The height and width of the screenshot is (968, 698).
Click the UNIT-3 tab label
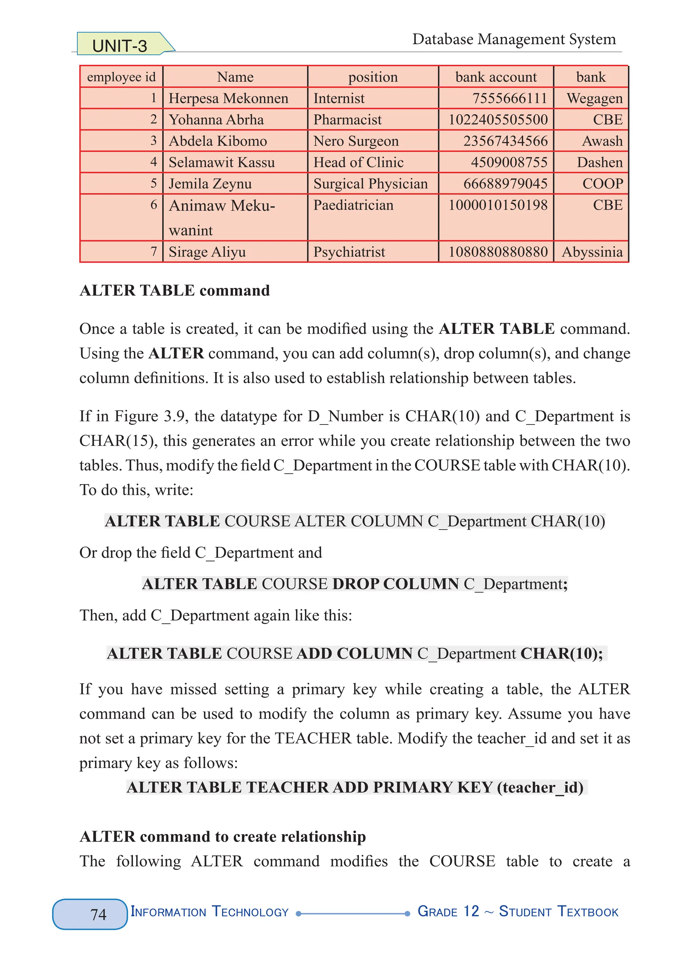coord(120,46)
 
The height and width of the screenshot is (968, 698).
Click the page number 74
coord(98,914)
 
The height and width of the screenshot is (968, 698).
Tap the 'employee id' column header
coord(121,77)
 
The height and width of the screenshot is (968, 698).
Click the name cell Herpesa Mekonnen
coord(228,98)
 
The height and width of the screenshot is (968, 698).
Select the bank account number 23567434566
coord(505,141)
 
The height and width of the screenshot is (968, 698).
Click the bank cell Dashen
coord(600,162)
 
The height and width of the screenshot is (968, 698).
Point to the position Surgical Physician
coord(370,184)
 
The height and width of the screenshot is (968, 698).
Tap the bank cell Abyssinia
coord(592,252)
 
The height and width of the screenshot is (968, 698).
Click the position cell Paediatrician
coord(353,205)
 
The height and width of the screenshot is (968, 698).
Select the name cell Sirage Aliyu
coord(207,252)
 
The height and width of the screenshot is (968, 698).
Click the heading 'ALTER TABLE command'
coord(174,290)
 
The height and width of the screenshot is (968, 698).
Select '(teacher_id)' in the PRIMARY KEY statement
coord(540,787)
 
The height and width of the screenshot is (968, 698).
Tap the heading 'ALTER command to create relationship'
coord(223,836)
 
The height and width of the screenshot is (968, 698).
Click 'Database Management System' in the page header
coord(514,39)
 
